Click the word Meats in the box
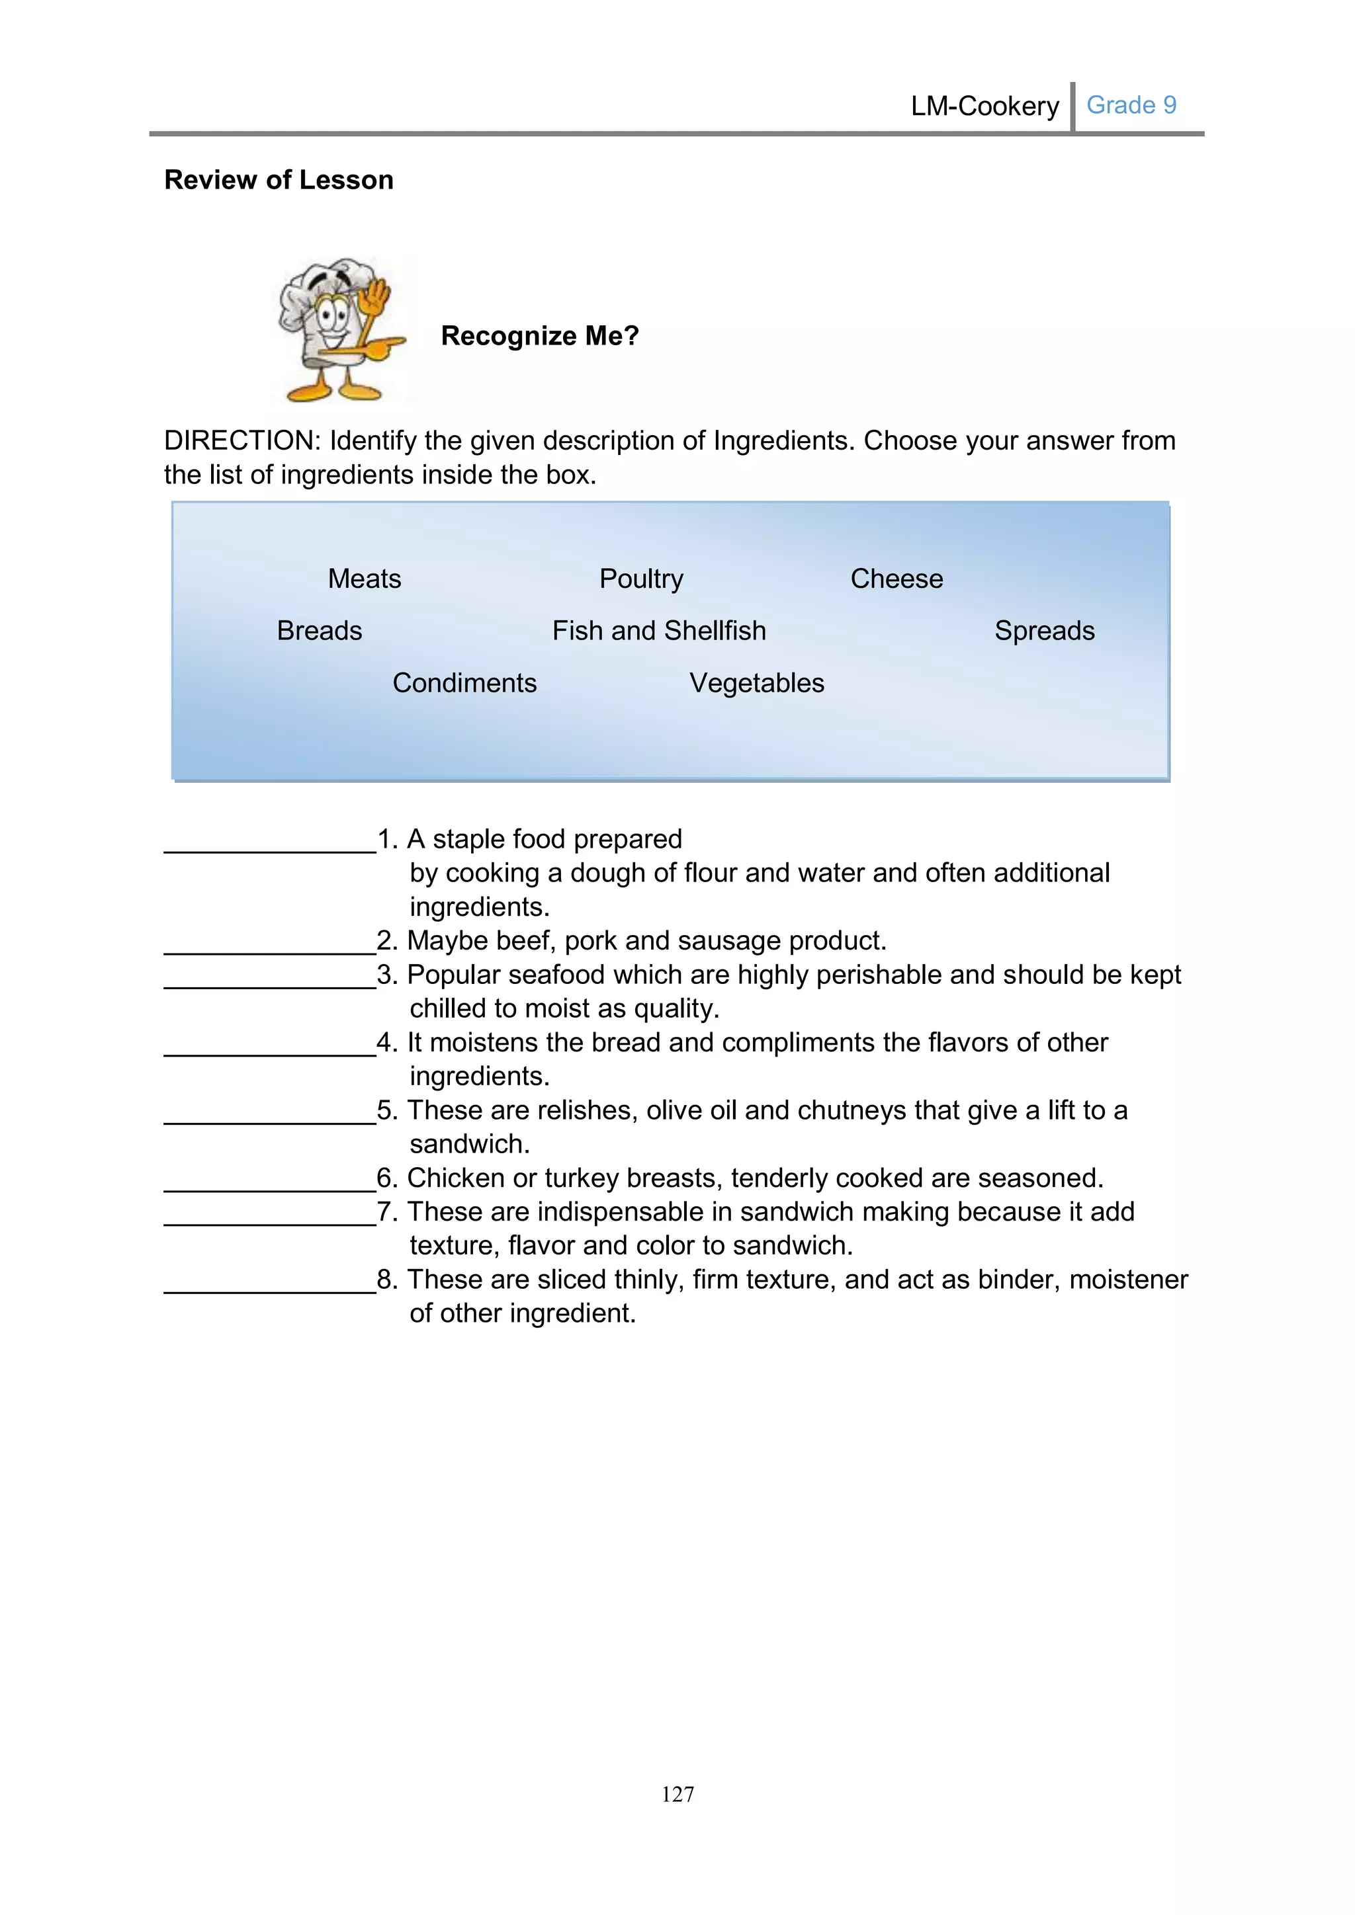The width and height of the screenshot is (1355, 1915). (364, 579)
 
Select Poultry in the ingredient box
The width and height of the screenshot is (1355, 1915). (641, 579)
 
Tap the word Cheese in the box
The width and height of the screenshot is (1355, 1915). (896, 579)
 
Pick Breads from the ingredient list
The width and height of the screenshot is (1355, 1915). (320, 631)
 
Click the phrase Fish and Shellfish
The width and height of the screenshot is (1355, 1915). (658, 631)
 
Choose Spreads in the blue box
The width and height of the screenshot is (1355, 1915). (1044, 631)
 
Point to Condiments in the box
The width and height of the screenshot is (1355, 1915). (464, 683)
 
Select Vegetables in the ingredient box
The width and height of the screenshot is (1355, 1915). (756, 683)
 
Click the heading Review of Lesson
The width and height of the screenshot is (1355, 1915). (279, 180)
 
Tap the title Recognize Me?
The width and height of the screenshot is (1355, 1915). (540, 336)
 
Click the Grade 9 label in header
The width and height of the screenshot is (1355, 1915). (1131, 105)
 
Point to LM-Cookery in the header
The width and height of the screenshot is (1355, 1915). (984, 106)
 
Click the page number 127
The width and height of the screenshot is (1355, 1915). (677, 1794)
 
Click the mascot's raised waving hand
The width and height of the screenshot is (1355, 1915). (378, 297)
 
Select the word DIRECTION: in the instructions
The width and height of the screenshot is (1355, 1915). (242, 440)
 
